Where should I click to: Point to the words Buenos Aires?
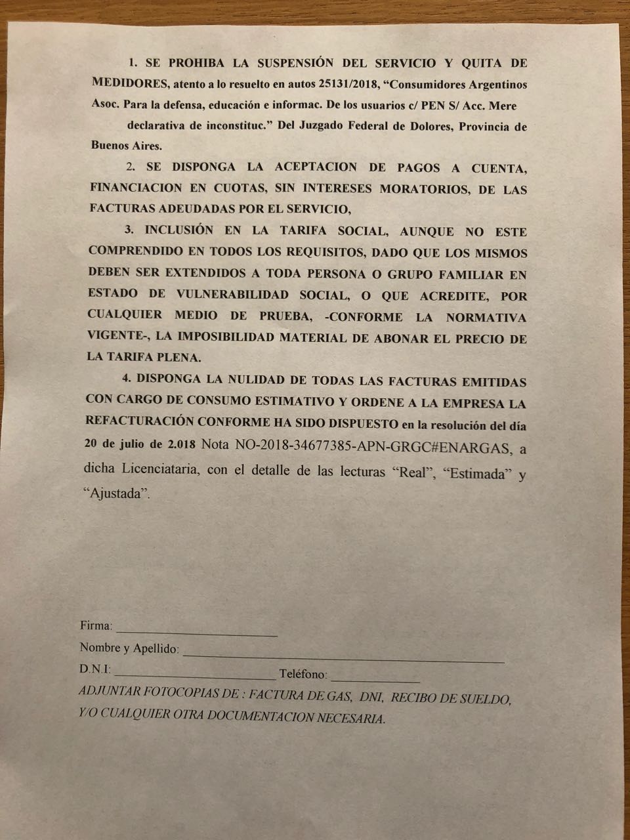(x=125, y=146)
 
